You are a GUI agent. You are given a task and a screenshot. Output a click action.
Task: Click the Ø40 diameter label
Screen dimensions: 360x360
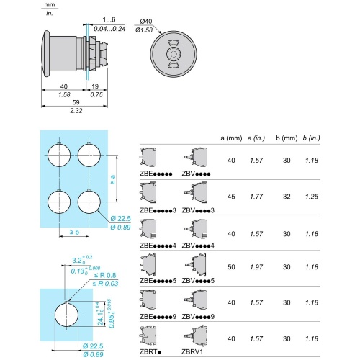pos(145,22)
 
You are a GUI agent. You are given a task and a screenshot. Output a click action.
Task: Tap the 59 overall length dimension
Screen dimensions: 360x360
pos(76,102)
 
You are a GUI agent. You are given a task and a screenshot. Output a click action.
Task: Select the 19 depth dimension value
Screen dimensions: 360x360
pos(95,86)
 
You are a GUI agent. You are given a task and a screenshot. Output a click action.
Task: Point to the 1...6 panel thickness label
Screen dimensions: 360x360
pos(109,19)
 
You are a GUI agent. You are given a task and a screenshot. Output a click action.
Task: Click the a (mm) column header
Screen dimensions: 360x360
pos(231,138)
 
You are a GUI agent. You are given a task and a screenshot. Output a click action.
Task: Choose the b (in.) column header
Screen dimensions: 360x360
pos(311,138)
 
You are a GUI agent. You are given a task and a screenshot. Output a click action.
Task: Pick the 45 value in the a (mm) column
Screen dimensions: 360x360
pos(231,197)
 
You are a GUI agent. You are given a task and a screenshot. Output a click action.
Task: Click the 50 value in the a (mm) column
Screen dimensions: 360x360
pos(231,267)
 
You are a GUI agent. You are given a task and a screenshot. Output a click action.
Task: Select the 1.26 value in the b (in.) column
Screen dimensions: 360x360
pos(312,197)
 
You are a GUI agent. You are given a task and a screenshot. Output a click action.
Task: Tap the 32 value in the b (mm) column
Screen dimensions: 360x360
pos(287,197)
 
